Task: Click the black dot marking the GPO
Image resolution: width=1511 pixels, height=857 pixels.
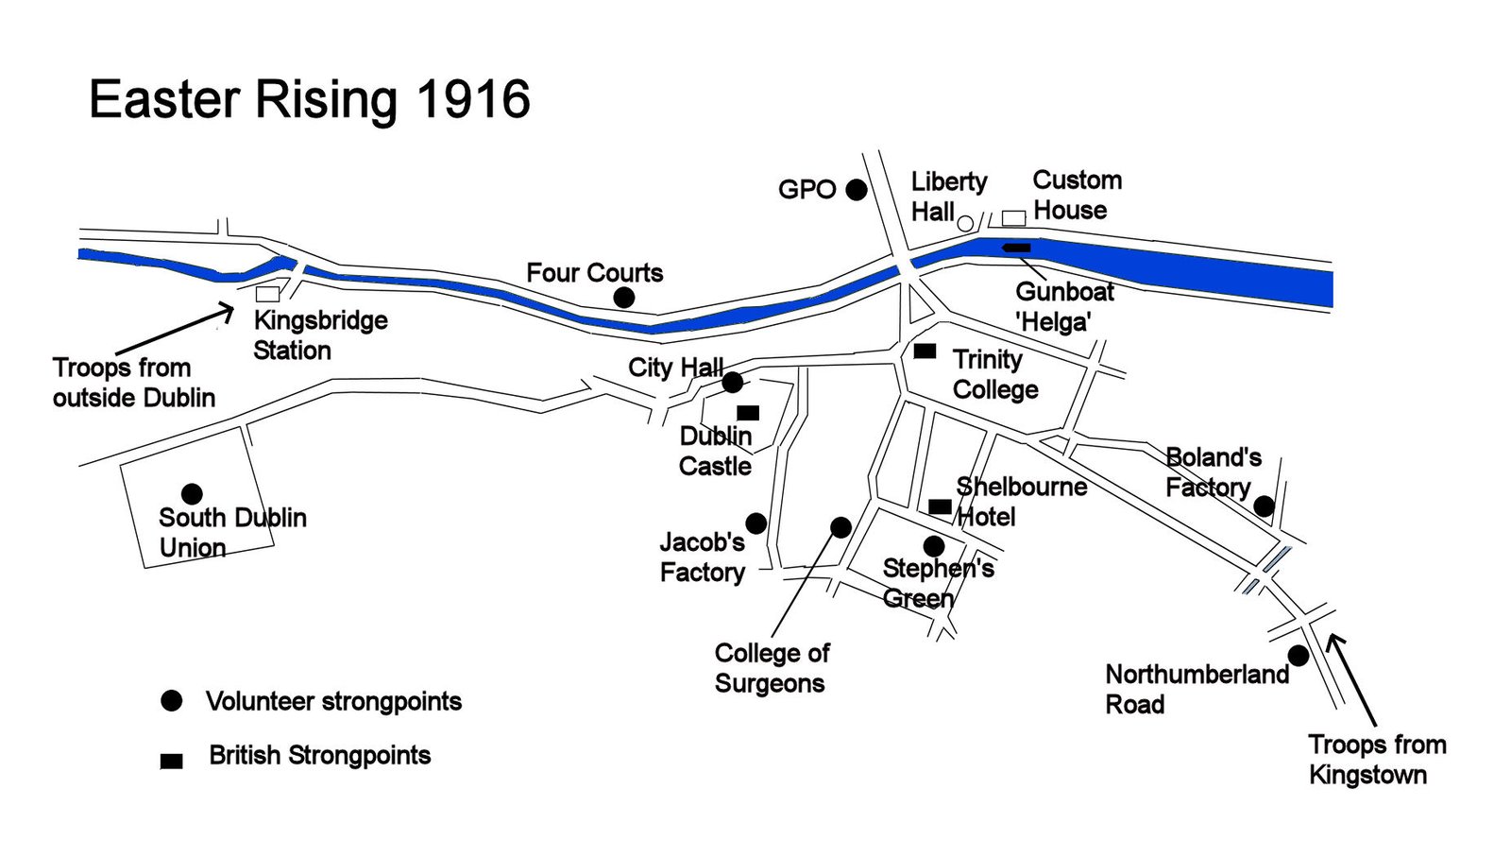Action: [857, 190]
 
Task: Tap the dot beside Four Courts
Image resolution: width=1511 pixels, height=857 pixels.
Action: [623, 298]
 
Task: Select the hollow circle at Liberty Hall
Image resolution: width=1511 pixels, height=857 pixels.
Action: [965, 223]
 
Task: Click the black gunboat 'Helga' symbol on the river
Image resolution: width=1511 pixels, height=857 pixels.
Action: [1016, 248]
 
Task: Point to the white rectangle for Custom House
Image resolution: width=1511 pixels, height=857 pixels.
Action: [1013, 218]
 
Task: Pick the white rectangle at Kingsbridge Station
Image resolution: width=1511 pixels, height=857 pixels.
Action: [267, 294]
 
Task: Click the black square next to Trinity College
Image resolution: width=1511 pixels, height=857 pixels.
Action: [925, 351]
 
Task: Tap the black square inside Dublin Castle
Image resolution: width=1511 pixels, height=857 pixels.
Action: [748, 413]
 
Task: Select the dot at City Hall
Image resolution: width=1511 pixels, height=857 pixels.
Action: [732, 383]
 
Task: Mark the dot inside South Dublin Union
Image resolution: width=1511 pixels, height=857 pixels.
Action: [192, 493]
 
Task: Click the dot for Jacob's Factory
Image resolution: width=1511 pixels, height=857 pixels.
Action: [755, 523]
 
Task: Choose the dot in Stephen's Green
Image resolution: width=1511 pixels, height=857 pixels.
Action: [934, 546]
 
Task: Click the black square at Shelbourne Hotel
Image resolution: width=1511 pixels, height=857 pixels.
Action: [940, 506]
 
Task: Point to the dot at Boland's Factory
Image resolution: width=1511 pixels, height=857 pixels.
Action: [1264, 506]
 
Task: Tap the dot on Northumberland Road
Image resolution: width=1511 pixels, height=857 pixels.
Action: [1299, 656]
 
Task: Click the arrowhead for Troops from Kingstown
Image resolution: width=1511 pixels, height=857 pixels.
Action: [1335, 641]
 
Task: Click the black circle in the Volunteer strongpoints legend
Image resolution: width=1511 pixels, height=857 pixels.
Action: [171, 700]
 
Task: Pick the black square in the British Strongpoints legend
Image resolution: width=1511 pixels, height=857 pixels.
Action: [171, 761]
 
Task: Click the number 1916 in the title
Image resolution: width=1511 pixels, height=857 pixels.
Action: [472, 100]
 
